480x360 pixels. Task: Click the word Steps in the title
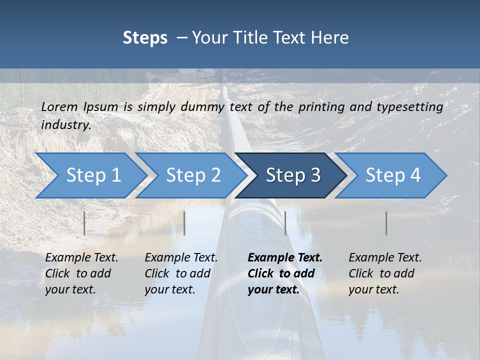[145, 38]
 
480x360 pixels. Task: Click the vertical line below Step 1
[84, 223]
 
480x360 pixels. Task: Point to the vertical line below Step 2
[184, 223]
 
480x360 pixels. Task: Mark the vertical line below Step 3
[285, 223]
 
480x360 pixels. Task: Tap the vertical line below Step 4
[386, 223]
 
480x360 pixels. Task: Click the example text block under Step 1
[81, 273]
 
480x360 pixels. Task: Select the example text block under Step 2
[181, 273]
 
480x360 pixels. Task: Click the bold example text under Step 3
[285, 273]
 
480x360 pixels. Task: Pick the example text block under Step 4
[385, 273]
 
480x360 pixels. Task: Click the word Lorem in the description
[59, 106]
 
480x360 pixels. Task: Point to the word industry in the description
[65, 125]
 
